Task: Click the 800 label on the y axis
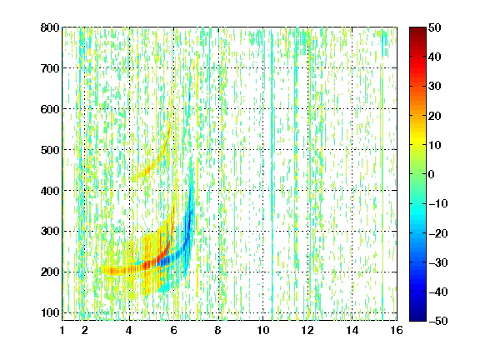pyautogui.click(x=50, y=27)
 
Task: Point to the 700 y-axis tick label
pyautogui.click(x=50, y=68)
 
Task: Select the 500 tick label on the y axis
pyautogui.click(x=50, y=150)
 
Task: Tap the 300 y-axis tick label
pyautogui.click(x=50, y=231)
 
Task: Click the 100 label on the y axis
pyautogui.click(x=50, y=312)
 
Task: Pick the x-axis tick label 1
pyautogui.click(x=62, y=330)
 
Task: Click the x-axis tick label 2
pyautogui.click(x=84, y=330)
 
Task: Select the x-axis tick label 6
pyautogui.click(x=173, y=330)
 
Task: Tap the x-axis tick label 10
pyautogui.click(x=262, y=330)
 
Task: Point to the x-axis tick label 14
pyautogui.click(x=352, y=330)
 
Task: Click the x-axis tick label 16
pyautogui.click(x=397, y=330)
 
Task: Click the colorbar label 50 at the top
pyautogui.click(x=434, y=27)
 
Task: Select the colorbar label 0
pyautogui.click(x=432, y=174)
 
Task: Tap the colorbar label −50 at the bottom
pyautogui.click(x=438, y=321)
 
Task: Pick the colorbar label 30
pyautogui.click(x=434, y=87)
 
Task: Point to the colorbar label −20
pyautogui.click(x=438, y=233)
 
